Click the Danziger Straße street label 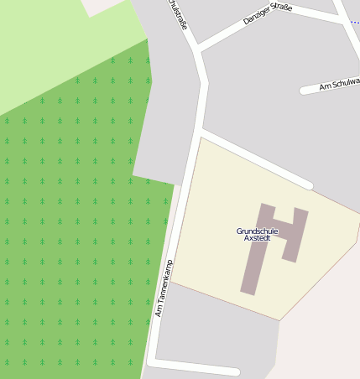tap(267, 14)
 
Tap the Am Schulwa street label tap(339, 85)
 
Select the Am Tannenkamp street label tap(164, 288)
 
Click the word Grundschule tap(257, 231)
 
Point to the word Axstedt tap(257, 238)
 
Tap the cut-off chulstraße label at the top tap(178, 14)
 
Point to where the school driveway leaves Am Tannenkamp tap(199, 132)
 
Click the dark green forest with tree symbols tap(67, 252)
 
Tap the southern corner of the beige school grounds tap(279, 319)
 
